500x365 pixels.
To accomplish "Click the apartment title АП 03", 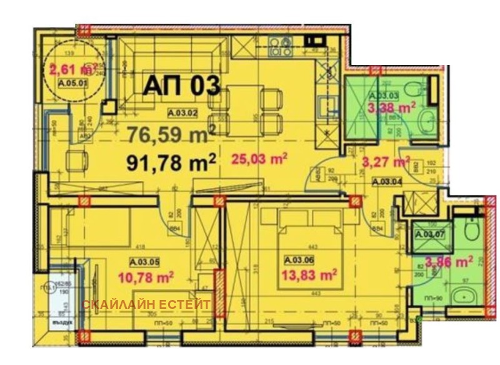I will [x=182, y=86].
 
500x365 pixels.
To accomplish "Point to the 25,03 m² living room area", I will [x=259, y=158].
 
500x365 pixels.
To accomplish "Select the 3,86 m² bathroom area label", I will [x=448, y=262].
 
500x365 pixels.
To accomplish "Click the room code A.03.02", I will [x=182, y=113].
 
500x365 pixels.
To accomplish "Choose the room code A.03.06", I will [x=298, y=261].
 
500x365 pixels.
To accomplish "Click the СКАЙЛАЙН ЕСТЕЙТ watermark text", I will [x=147, y=304].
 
